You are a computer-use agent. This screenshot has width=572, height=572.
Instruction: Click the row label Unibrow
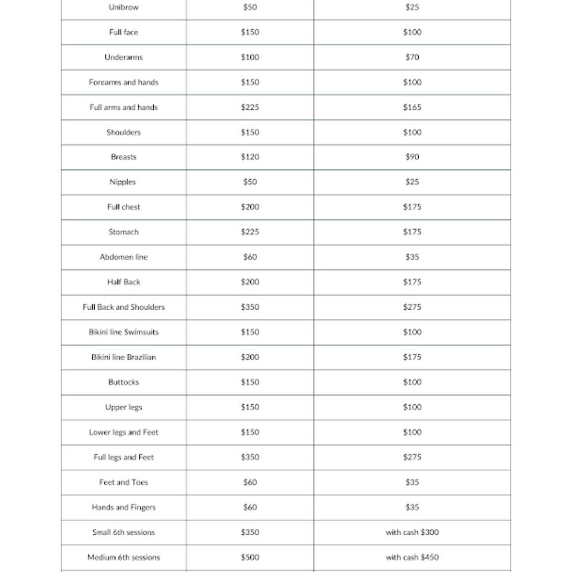click(123, 7)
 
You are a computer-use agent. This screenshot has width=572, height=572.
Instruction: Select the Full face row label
click(123, 32)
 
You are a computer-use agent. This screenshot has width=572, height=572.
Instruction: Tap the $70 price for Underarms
click(412, 57)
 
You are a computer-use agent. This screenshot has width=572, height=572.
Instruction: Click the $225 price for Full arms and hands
click(250, 107)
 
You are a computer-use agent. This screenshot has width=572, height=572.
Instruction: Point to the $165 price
click(412, 107)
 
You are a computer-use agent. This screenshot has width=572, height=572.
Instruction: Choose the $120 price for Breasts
click(250, 157)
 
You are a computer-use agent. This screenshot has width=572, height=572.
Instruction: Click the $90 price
click(412, 157)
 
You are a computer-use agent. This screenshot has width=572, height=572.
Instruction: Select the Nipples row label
click(123, 182)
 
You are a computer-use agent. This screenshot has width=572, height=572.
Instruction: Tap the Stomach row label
click(123, 232)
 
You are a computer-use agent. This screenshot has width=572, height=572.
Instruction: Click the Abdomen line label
click(123, 257)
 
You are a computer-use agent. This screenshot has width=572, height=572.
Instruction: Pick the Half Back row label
click(123, 282)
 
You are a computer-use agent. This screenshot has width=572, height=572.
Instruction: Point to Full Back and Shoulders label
click(123, 307)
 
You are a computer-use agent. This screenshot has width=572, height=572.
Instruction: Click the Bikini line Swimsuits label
click(123, 332)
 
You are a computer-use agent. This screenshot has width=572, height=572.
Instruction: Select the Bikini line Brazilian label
click(123, 357)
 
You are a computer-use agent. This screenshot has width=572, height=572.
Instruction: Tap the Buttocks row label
click(123, 383)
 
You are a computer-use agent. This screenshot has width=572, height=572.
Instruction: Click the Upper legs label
click(123, 408)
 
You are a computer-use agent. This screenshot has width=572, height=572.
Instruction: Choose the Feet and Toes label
click(123, 483)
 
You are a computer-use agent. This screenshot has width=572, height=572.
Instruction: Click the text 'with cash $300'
click(412, 533)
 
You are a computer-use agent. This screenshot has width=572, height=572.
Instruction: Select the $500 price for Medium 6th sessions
click(250, 558)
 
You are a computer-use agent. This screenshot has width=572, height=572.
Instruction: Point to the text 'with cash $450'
click(412, 558)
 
